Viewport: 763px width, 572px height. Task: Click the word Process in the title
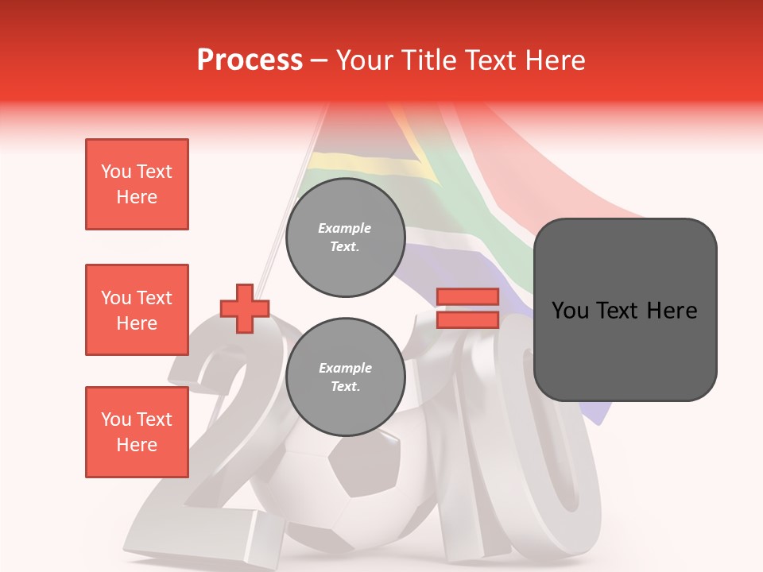pyautogui.click(x=250, y=60)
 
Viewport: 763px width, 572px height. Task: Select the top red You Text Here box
pyautogui.click(x=137, y=184)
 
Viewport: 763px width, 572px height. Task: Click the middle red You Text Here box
pyautogui.click(x=137, y=310)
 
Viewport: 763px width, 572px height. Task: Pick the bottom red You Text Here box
pyautogui.click(x=137, y=432)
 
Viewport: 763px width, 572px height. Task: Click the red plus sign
pyautogui.click(x=245, y=308)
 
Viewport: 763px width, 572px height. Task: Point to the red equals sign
pyautogui.click(x=467, y=308)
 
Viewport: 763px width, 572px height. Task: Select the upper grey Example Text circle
pyautogui.click(x=345, y=238)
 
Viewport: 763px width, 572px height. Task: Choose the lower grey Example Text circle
pyautogui.click(x=345, y=377)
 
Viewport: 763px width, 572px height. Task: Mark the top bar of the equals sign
pyautogui.click(x=467, y=297)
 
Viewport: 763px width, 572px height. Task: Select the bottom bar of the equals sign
pyautogui.click(x=467, y=319)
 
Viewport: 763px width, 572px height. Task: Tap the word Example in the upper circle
pyautogui.click(x=345, y=228)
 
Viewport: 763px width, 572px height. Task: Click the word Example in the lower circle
pyautogui.click(x=345, y=368)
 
